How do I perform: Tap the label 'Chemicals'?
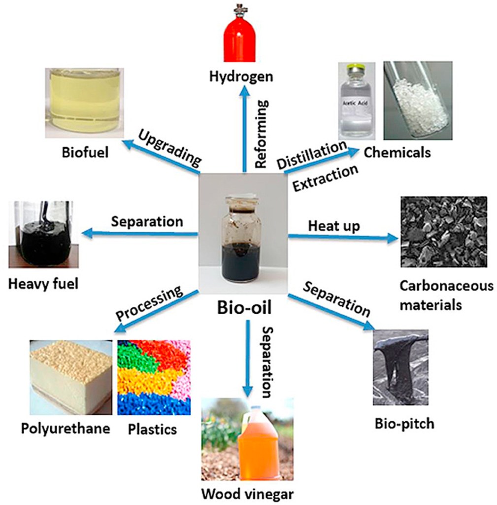(397, 152)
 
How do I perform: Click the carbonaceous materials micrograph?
(444, 232)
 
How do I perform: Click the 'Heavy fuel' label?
(43, 284)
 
